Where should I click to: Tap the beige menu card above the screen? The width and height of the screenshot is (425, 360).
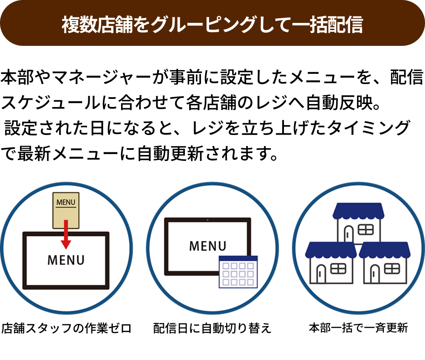click(65, 210)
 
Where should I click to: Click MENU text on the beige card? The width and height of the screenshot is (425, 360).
click(65, 202)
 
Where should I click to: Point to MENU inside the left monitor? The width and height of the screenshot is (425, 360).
click(66, 260)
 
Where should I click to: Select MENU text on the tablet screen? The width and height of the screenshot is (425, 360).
click(207, 246)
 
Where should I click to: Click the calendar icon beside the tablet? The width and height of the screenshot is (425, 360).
click(238, 272)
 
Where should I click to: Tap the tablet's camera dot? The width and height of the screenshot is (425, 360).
click(207, 220)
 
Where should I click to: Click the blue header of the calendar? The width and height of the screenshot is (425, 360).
click(238, 259)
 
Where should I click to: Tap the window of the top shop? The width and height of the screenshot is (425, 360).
click(366, 230)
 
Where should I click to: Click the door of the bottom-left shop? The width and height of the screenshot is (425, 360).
click(321, 274)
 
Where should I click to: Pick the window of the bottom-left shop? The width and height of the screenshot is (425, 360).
click(338, 269)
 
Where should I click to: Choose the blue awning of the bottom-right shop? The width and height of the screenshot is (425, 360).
click(384, 250)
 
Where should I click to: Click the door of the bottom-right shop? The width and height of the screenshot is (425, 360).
click(374, 274)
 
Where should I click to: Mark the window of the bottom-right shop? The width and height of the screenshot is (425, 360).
click(392, 269)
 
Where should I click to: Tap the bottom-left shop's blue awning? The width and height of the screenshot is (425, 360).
click(331, 250)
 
